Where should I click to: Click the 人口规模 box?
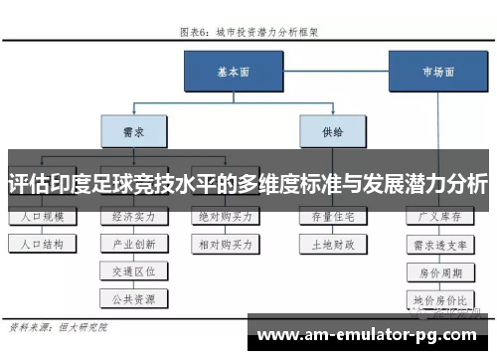(41, 216)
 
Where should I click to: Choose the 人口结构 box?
(41, 243)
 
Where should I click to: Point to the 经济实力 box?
(133, 216)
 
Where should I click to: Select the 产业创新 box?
(133, 243)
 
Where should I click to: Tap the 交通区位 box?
(133, 270)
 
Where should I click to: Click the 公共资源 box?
(133, 296)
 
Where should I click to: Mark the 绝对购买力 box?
(226, 216)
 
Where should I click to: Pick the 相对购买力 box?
(226, 243)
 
